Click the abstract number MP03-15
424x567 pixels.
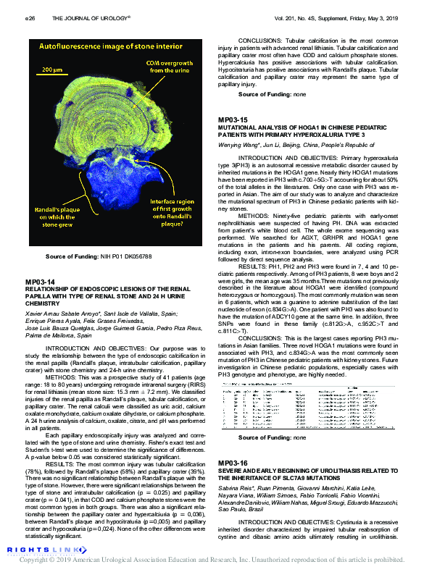click(233, 119)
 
